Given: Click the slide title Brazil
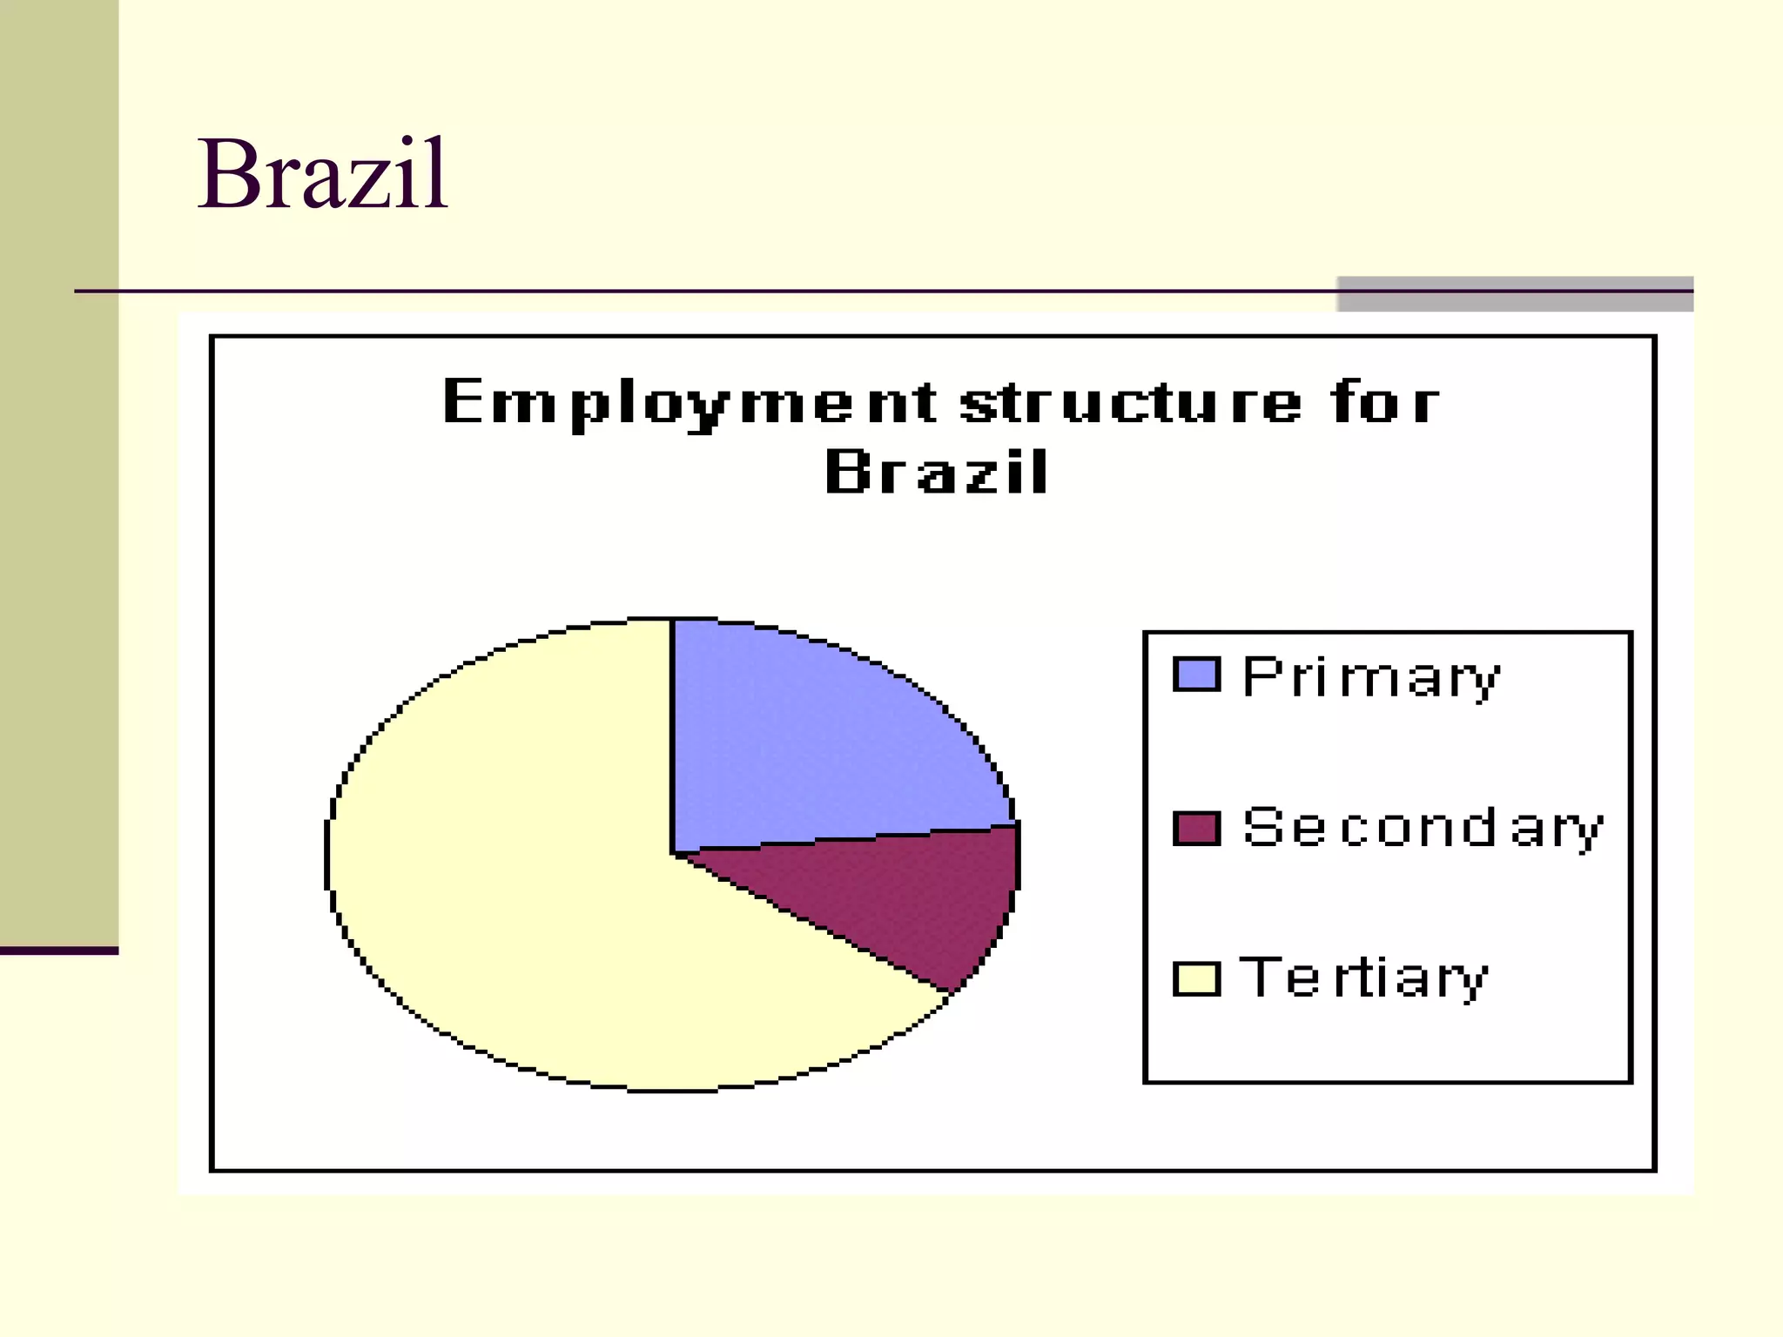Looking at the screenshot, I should (322, 174).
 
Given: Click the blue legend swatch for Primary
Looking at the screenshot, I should (1196, 675).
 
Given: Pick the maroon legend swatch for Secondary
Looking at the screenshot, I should (1196, 828).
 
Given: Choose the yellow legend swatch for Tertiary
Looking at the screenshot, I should (1196, 978).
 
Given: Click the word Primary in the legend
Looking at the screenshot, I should (1371, 677).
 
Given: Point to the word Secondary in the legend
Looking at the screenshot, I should (1423, 829).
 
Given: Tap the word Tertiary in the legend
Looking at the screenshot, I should (1363, 978).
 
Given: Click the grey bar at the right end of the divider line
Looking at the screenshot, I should (1515, 293).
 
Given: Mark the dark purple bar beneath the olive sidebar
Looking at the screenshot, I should (59, 951).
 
